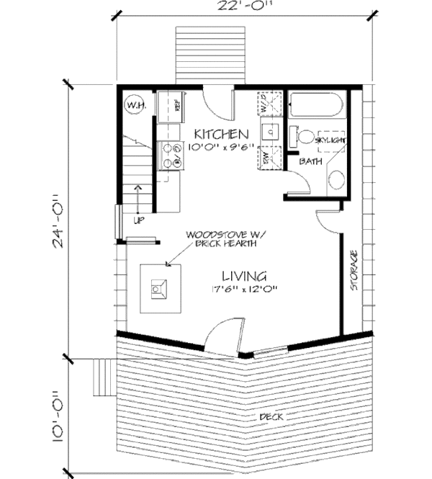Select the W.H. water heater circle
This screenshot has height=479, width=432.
pyautogui.click(x=135, y=106)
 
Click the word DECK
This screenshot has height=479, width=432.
pyautogui.click(x=271, y=416)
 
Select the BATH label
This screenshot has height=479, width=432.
pyautogui.click(x=311, y=162)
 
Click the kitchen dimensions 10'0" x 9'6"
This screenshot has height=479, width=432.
pyautogui.click(x=220, y=148)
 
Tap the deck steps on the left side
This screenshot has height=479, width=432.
pyautogui.click(x=105, y=374)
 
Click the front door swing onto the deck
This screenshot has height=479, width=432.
pyautogui.click(x=222, y=336)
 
